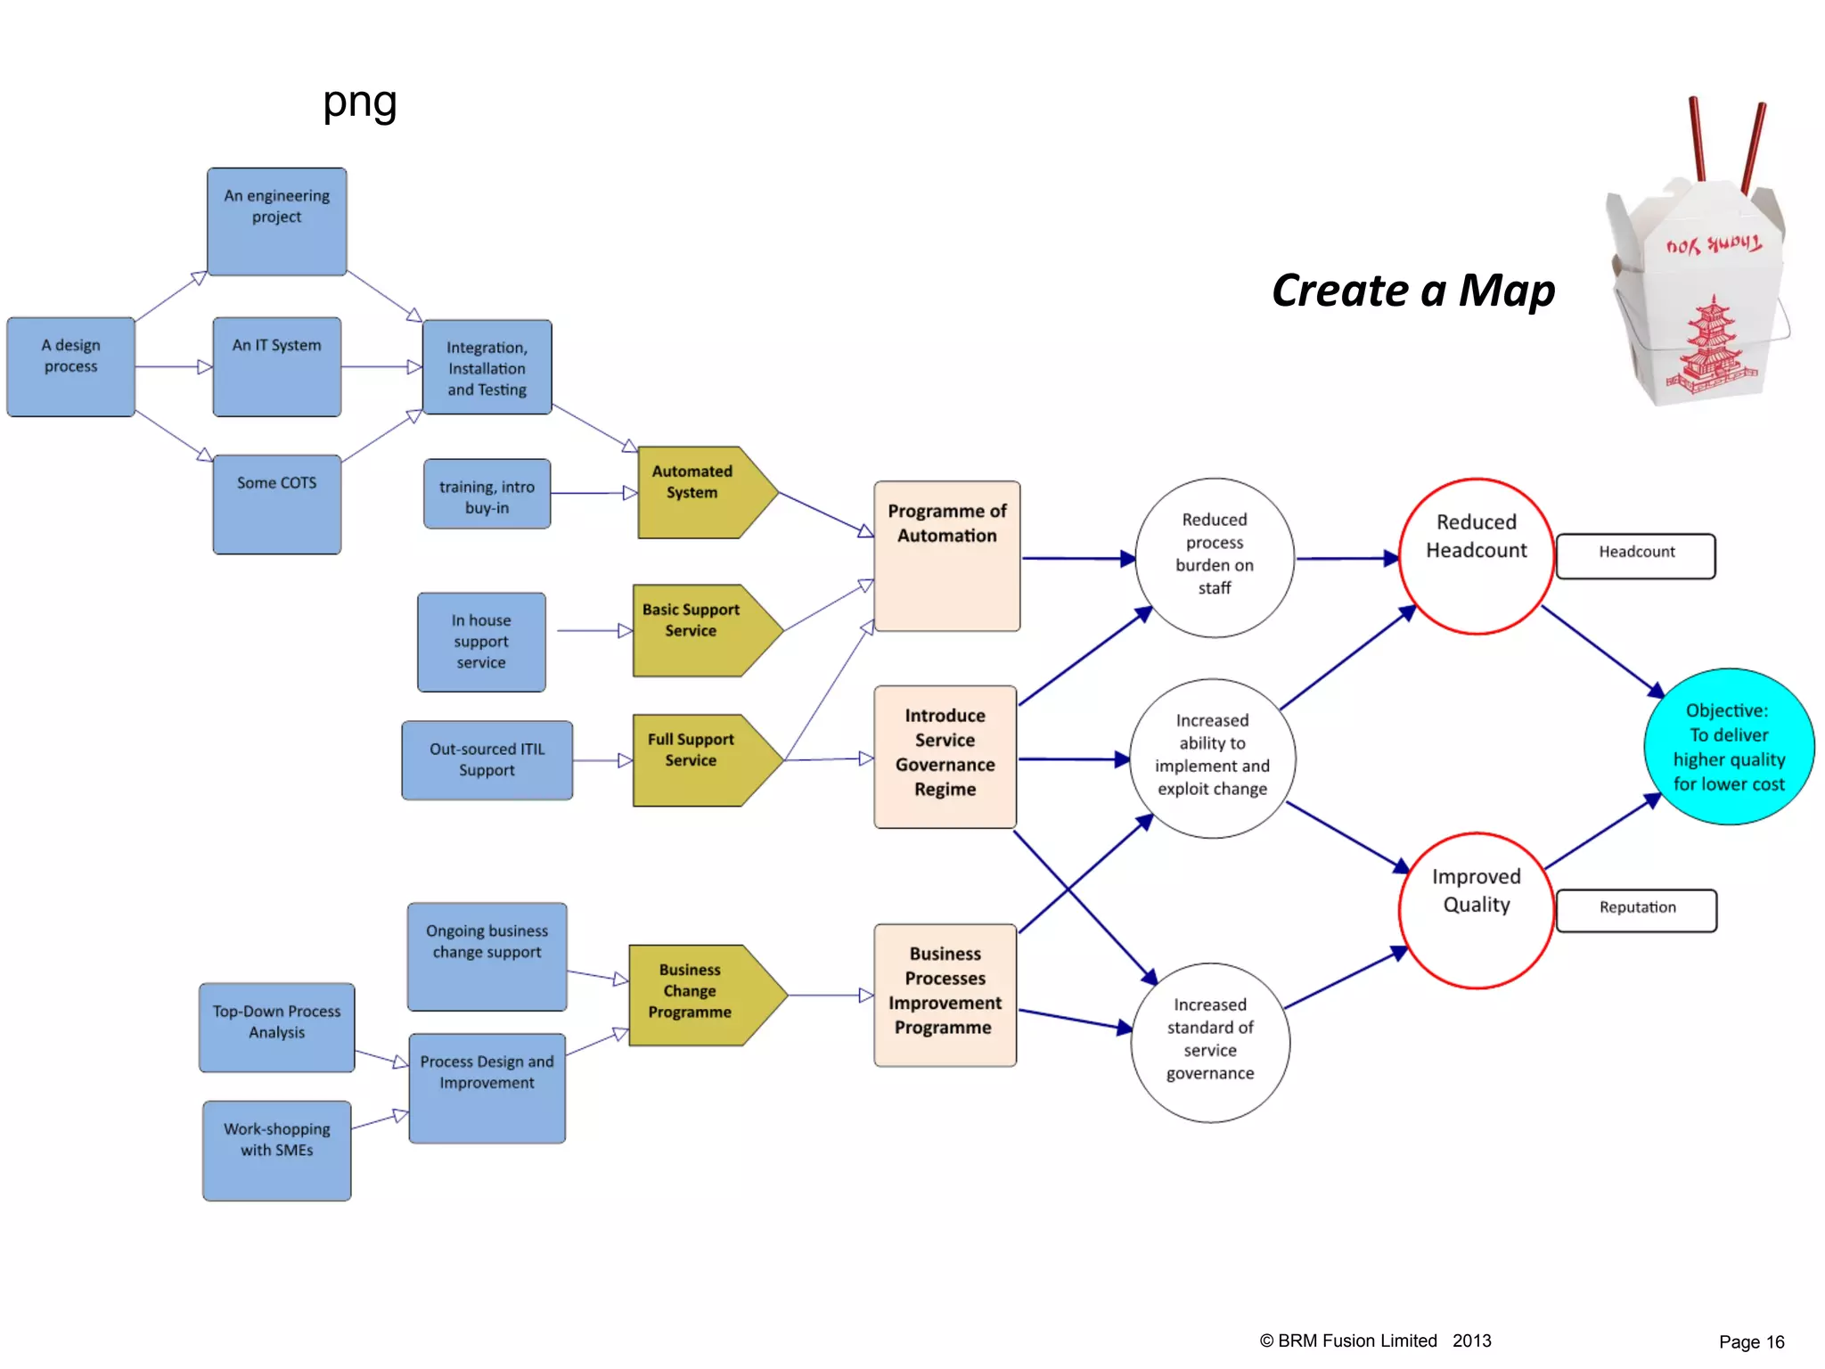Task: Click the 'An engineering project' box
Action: coord(276,221)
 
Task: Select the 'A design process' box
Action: coord(71,366)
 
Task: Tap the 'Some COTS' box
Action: coord(276,504)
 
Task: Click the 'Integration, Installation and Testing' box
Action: coord(487,367)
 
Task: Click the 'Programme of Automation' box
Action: coord(946,556)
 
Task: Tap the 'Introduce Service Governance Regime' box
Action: coord(945,756)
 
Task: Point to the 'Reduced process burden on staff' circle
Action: coord(1214,557)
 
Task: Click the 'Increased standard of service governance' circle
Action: coord(1209,1041)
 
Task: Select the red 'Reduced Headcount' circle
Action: coord(1476,556)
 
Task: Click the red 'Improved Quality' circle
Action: coord(1476,910)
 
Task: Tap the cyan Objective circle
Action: coord(1728,747)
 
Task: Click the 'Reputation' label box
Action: coord(1636,910)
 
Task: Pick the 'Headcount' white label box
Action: coord(1635,555)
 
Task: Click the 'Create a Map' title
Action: coord(1413,291)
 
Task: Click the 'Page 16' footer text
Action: coord(1751,1341)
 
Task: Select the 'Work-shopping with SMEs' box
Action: coord(276,1150)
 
